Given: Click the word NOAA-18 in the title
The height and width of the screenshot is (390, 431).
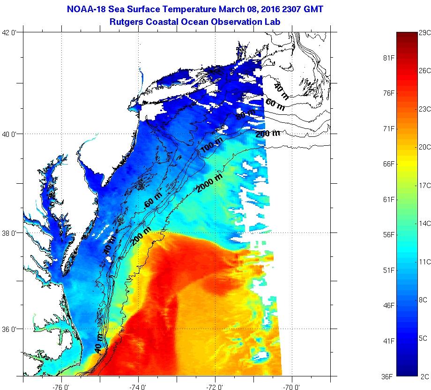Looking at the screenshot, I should (85, 9).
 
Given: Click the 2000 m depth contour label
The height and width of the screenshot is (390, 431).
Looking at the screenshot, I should (209, 183).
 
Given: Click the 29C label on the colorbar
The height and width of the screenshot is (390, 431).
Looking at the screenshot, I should (424, 32).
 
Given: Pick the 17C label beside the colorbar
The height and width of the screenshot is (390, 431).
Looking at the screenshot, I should (424, 186).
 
